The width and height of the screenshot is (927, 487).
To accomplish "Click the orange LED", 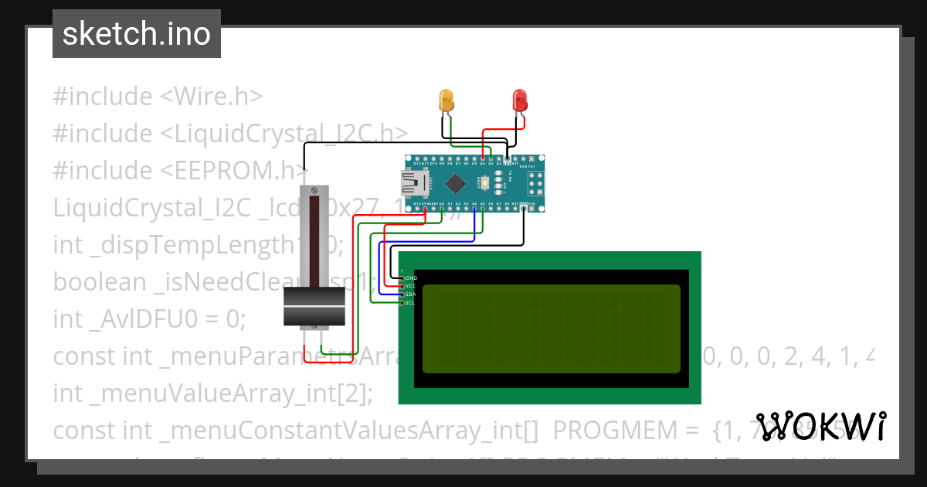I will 447,100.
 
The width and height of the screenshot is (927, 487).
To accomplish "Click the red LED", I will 520,100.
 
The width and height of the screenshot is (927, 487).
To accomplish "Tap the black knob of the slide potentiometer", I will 314,307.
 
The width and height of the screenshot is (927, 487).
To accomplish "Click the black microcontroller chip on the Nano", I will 455,183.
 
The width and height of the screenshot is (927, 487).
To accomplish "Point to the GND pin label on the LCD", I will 411,278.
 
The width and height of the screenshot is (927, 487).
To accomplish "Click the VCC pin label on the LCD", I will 411,286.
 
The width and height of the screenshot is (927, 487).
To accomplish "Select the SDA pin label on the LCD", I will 411,295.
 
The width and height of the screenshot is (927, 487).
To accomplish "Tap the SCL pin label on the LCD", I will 411,303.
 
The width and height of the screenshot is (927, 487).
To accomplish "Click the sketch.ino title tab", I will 137,34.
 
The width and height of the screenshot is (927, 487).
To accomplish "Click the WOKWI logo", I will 820,426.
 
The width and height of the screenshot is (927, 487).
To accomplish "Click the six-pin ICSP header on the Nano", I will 536,183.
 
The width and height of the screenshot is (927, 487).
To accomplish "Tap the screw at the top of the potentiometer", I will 314,190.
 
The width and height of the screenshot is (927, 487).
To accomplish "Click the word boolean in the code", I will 99,282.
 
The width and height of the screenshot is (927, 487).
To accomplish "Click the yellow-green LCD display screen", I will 551,328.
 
